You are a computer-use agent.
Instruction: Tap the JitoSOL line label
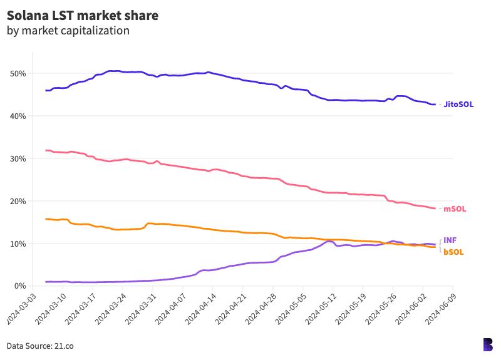pos(458,105)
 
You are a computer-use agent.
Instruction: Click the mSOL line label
pos(455,209)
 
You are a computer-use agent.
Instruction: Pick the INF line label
pos(450,240)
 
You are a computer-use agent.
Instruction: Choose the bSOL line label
pos(454,252)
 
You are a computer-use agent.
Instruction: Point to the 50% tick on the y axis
pos(17,74)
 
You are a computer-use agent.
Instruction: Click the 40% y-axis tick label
pos(17,116)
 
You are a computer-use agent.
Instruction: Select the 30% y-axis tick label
pos(17,159)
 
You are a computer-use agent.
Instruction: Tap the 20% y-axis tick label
pos(17,202)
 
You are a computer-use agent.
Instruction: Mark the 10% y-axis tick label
pos(17,244)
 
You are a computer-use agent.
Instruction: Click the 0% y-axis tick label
pos(19,286)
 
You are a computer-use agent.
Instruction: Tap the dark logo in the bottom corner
pos(488,344)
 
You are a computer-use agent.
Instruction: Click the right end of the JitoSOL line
pos(435,105)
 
